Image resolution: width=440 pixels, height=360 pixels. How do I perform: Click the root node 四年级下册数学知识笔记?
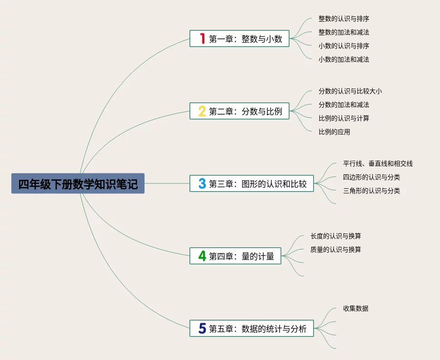pyautogui.click(x=78, y=183)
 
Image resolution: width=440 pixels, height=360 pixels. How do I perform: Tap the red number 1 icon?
pyautogui.click(x=202, y=38)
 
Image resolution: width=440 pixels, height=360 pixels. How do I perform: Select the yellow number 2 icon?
pyautogui.click(x=202, y=111)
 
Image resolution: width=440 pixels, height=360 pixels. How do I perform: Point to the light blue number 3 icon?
pyautogui.click(x=202, y=183)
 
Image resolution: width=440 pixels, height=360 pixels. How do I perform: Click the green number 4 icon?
pyautogui.click(x=202, y=256)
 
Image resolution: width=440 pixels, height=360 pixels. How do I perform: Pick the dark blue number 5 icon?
pyautogui.click(x=202, y=328)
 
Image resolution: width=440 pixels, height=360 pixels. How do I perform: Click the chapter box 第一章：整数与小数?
pyautogui.click(x=239, y=38)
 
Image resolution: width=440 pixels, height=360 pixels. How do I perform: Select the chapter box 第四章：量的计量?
pyautogui.click(x=236, y=256)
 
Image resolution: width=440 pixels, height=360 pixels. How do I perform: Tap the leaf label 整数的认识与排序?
pyautogui.click(x=344, y=19)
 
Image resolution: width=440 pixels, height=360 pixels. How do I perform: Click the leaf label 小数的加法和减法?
pyautogui.click(x=344, y=59)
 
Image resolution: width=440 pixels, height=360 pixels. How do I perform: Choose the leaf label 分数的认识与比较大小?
pyautogui.click(x=350, y=91)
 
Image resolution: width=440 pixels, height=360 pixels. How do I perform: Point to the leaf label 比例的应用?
pyautogui.click(x=334, y=132)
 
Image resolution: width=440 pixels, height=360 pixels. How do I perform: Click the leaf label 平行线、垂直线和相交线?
pyautogui.click(x=378, y=163)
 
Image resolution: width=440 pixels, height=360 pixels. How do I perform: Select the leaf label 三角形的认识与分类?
pyautogui.click(x=372, y=191)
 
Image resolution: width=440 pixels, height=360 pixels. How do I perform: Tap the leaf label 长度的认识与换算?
pyautogui.click(x=336, y=236)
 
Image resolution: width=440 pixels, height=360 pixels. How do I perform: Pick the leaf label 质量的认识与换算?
pyautogui.click(x=336, y=250)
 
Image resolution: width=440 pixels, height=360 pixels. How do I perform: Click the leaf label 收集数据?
pyautogui.click(x=356, y=308)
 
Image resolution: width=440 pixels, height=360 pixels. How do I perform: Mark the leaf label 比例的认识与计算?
pyautogui.click(x=344, y=118)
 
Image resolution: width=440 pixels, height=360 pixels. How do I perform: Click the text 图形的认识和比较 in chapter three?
pyautogui.click(x=274, y=184)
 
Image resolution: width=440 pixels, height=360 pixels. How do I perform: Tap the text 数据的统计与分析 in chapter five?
pyautogui.click(x=274, y=329)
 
